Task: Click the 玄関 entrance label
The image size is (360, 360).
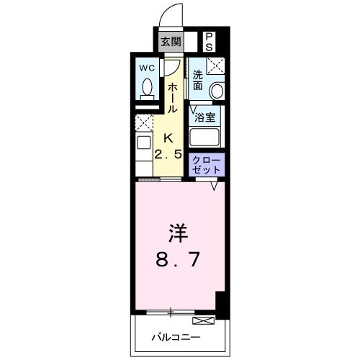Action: pos(170,41)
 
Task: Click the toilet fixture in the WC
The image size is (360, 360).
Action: pos(147,88)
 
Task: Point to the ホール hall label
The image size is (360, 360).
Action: pos(173,96)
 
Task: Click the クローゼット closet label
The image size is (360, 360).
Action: pos(207,164)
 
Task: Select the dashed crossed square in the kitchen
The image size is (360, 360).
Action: pos(144,122)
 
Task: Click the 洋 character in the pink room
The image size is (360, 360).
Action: pos(178,234)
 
